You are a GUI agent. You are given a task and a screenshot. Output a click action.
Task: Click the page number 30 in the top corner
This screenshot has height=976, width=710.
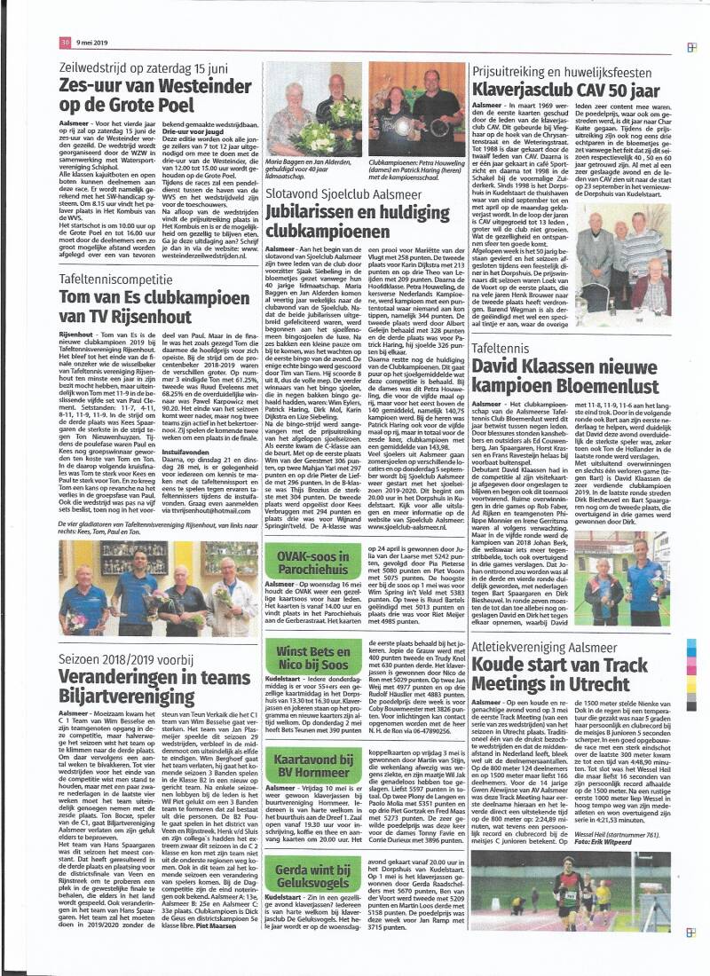[65, 42]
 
